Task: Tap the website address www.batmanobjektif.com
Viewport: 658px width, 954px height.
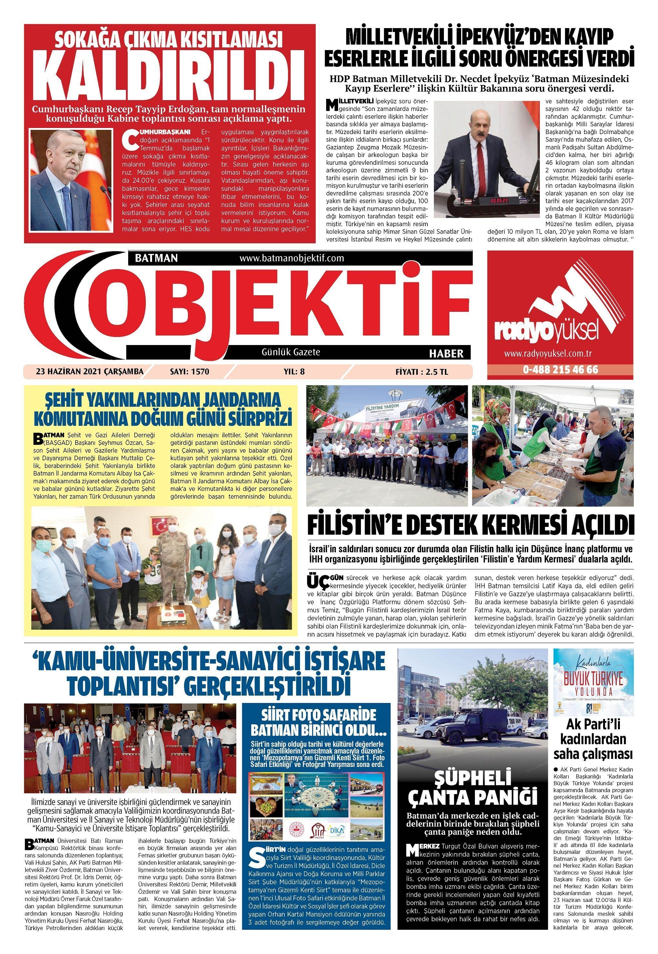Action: pos(292,258)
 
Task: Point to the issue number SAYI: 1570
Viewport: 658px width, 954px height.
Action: pos(189,372)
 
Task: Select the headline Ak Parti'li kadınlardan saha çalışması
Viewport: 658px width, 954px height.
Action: pos(593,739)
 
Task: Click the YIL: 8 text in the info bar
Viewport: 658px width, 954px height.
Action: pos(294,372)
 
